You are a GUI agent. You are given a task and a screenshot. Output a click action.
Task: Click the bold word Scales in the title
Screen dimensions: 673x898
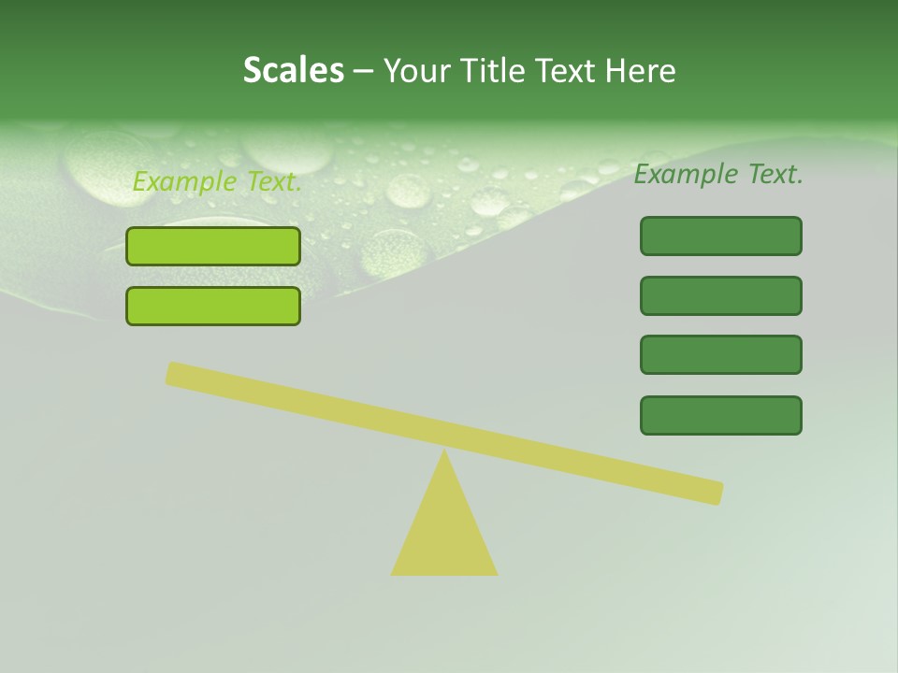coord(293,70)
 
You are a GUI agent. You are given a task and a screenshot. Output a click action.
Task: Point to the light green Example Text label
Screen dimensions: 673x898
coord(217,181)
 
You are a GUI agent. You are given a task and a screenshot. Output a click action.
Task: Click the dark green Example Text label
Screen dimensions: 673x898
coord(718,174)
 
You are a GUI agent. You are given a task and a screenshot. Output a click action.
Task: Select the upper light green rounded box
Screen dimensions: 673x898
coord(213,246)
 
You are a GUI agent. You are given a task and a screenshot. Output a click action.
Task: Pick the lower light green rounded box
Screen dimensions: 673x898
coord(213,306)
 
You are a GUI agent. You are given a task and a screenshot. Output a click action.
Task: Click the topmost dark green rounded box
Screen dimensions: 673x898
coord(720,236)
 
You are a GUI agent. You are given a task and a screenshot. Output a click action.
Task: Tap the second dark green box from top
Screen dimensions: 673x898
coord(720,295)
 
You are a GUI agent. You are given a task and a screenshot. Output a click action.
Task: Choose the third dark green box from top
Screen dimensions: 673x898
coord(720,354)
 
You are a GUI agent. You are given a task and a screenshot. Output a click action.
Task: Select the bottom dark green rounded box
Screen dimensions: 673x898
coord(720,415)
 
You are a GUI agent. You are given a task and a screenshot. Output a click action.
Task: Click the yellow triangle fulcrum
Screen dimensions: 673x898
coord(444,533)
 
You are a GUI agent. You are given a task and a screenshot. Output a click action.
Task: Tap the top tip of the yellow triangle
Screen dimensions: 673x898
coord(444,452)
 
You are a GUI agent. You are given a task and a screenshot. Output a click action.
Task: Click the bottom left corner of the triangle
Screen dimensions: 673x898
coord(394,573)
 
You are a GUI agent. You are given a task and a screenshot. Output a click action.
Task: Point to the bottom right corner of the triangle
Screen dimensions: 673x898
coord(495,573)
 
